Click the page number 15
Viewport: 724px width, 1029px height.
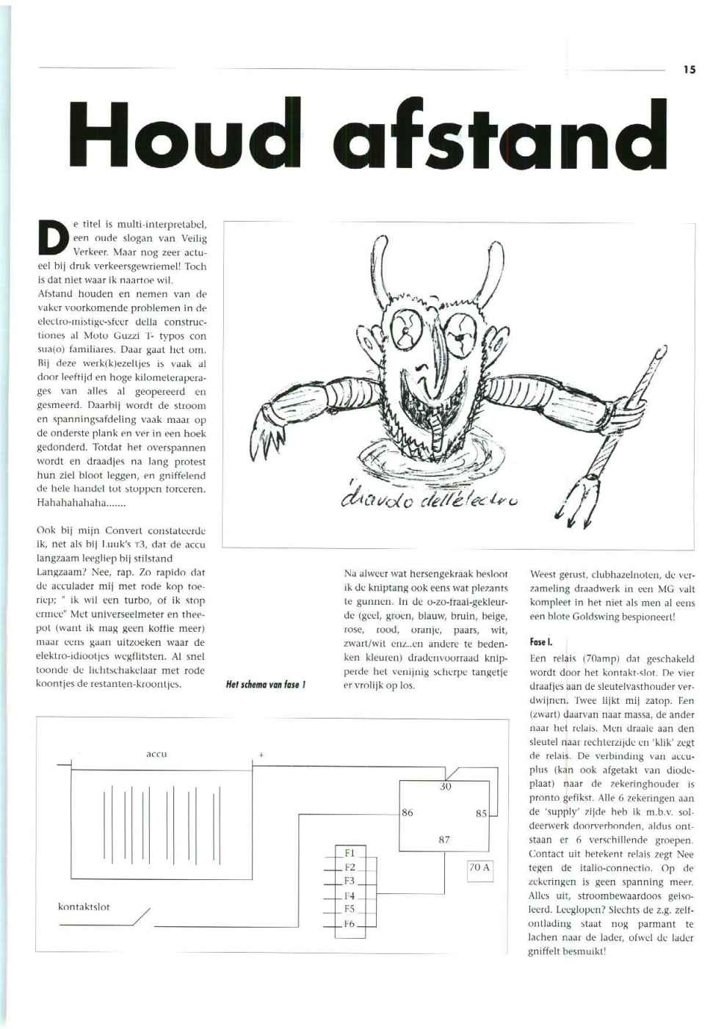tap(688, 70)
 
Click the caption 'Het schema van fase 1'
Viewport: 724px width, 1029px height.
tap(265, 685)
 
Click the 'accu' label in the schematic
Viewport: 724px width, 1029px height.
tap(157, 753)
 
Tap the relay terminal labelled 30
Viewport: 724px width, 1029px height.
tap(445, 787)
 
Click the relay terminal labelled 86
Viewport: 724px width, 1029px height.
tap(408, 812)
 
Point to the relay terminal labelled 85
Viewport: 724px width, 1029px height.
tap(481, 812)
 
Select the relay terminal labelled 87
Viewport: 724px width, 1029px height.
tap(444, 840)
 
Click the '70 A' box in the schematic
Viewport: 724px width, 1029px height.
tap(479, 868)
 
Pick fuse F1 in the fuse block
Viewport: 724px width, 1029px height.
tap(350, 853)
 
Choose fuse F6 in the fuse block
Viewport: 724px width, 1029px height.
tap(350, 923)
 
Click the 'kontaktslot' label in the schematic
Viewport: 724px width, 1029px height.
tap(84, 906)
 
